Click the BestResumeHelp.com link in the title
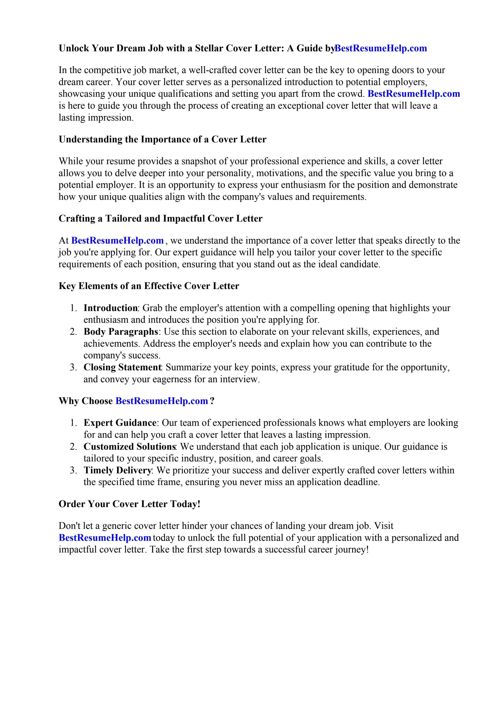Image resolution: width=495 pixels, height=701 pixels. click(381, 48)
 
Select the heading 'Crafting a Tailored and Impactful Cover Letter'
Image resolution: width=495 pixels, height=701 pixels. click(160, 218)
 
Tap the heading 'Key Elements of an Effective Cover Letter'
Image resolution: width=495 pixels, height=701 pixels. click(149, 286)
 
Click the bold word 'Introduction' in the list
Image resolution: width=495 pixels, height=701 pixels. click(110, 308)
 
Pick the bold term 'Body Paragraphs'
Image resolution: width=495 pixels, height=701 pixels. click(121, 332)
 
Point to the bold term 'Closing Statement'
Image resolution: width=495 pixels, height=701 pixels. click(123, 367)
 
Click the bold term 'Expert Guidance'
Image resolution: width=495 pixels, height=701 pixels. click(120, 423)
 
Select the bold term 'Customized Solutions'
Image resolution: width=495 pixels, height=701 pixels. click(129, 447)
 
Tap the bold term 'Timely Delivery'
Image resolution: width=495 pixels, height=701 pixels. click(117, 470)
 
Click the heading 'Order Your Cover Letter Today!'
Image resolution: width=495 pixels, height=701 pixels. click(129, 504)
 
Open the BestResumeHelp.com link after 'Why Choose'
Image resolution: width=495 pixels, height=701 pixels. click(162, 401)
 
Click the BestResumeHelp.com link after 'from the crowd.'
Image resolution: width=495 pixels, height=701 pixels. click(414, 94)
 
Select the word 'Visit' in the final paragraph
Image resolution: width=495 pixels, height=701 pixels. click(384, 526)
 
